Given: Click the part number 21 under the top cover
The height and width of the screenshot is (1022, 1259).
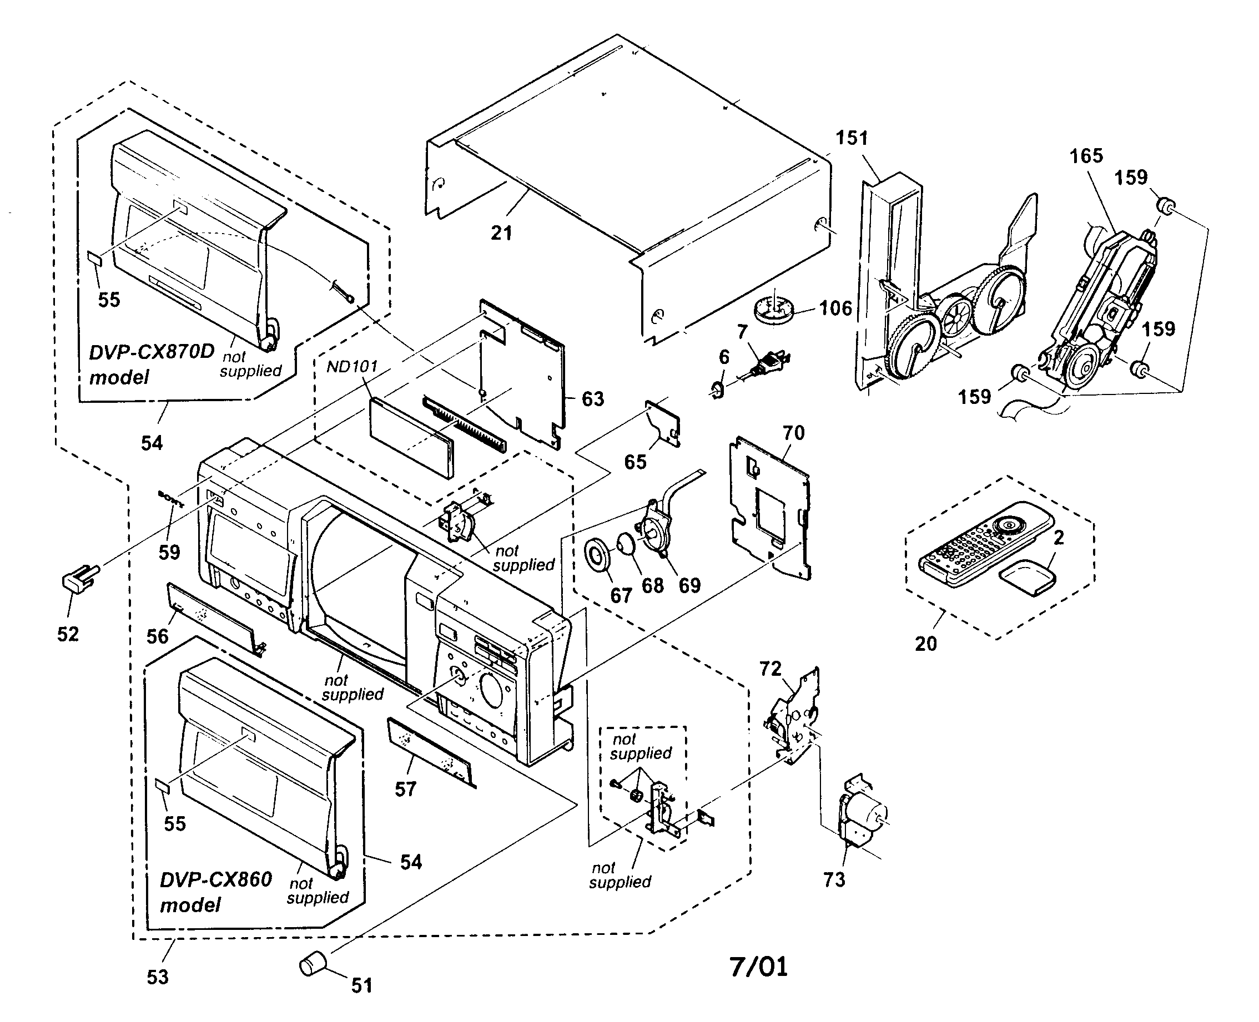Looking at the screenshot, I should point(501,233).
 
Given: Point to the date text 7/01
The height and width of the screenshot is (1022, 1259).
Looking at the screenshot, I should point(758,967).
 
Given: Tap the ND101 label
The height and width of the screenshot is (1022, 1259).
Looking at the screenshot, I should point(351,367).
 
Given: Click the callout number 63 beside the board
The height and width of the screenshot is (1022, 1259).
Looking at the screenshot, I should point(592,399).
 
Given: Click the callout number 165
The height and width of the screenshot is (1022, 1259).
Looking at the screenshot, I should point(1086,156).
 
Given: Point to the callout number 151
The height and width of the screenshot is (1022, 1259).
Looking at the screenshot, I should point(852,138).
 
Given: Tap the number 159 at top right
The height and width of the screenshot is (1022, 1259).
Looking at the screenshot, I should point(1131,177).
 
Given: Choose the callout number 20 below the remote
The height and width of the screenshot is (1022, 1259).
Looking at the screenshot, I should point(925,644).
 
